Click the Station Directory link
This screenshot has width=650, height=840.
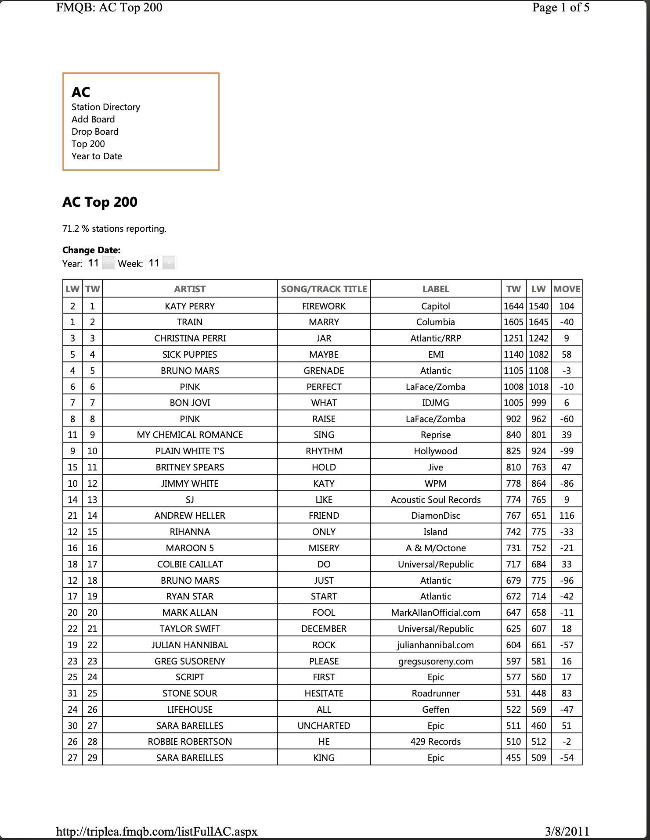106,107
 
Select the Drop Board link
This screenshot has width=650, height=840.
95,132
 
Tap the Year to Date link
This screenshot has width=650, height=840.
97,156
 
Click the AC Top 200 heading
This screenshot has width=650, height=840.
100,202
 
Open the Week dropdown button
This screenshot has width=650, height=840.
169,263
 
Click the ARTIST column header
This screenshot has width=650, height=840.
190,289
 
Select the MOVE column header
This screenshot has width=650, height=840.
567,289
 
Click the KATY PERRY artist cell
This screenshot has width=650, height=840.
190,306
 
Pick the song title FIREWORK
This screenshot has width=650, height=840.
324,306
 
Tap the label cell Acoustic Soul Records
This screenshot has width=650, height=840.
436,499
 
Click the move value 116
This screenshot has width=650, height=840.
567,516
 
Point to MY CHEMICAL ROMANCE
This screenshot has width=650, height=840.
190,435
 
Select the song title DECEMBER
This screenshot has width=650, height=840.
324,629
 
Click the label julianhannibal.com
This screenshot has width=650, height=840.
436,645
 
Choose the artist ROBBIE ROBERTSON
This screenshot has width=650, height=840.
190,742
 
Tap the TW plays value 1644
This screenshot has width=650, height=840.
513,306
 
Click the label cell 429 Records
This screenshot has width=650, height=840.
436,742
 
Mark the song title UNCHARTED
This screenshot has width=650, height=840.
324,726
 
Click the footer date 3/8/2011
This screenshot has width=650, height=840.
567,831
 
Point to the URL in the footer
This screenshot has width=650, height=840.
157,831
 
